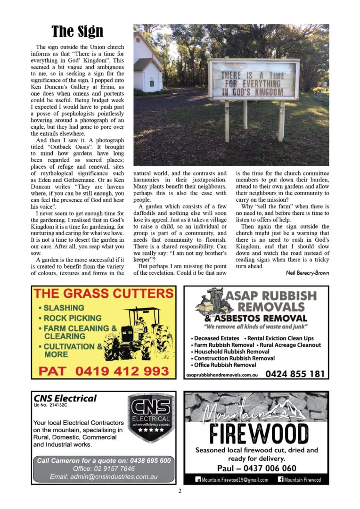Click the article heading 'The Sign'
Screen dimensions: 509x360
77,32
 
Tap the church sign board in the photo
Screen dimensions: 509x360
254,79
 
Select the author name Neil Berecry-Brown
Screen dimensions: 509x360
307,272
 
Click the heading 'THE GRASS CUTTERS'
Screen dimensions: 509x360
104,294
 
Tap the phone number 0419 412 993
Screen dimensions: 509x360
104,371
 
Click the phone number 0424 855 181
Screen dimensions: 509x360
295,374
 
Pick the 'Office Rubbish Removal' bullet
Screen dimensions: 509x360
224,365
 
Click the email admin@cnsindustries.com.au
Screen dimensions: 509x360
104,476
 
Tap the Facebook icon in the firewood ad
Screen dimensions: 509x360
281,480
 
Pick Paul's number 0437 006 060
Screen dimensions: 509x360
257,468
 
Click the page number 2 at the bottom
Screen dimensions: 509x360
180,491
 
